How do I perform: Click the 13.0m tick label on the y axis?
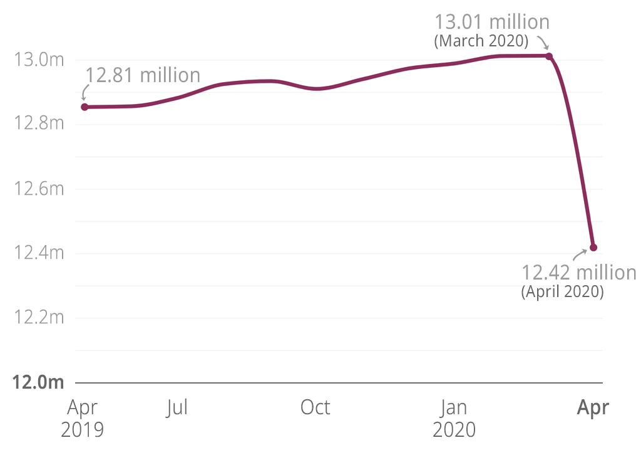coord(39,61)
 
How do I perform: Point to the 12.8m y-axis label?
coord(39,125)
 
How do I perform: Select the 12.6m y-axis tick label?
coord(39,189)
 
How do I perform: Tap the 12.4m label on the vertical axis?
coord(39,254)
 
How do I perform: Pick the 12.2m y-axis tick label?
coord(39,318)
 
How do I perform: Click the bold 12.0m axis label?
coord(39,382)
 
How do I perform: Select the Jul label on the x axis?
coord(177,408)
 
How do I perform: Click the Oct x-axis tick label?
coord(315,408)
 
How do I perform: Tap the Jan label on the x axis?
coord(454,408)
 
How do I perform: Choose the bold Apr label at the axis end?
coord(592,408)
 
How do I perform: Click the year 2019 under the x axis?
coord(82,431)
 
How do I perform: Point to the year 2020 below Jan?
coord(454,431)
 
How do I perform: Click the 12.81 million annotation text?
coord(143,76)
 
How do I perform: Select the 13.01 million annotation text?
coord(492,22)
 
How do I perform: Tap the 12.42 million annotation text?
coord(579,273)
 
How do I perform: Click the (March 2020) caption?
coord(481,41)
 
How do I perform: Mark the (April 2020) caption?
coord(562,292)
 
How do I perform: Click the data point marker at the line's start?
coord(85,107)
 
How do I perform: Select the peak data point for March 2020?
coord(549,56)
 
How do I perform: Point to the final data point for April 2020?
coord(593,248)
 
